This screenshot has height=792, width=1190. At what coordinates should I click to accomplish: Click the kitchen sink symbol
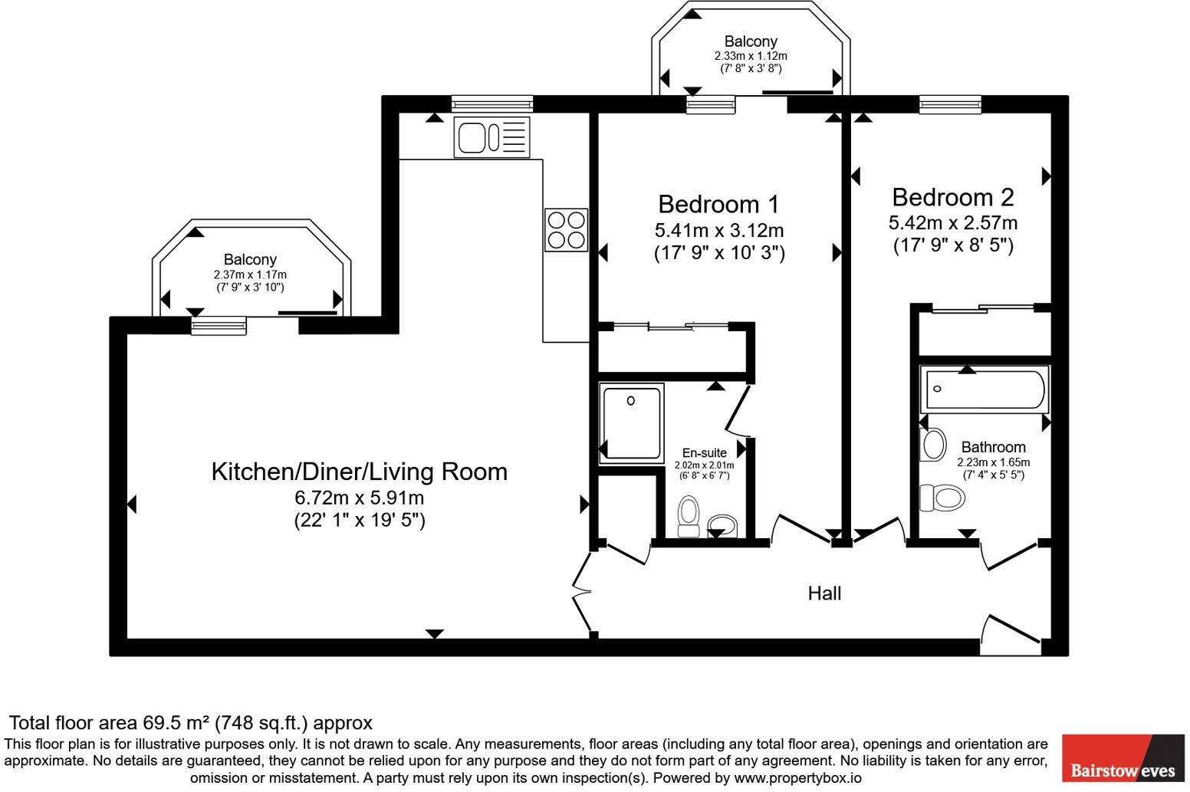coord(491,138)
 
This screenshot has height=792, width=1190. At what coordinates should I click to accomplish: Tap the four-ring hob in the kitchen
coord(566,230)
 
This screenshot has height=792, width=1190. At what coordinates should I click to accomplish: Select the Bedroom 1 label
coord(718,204)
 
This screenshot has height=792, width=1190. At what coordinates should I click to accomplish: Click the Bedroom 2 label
coord(952,197)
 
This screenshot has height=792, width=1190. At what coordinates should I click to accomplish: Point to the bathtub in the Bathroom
coord(985,389)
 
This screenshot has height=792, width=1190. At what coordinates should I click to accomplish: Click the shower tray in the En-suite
coord(631,423)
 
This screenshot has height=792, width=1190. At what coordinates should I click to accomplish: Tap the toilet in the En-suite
coord(689,516)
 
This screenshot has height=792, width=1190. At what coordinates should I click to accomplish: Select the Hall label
coord(824,593)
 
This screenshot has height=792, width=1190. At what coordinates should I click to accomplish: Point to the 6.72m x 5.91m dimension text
coord(359,498)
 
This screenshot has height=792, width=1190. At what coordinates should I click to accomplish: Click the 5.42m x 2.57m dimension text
coord(952,223)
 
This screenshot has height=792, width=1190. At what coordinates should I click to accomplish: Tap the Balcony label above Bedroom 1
coord(751,41)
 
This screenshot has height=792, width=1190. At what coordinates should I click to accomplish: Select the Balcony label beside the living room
coord(250,260)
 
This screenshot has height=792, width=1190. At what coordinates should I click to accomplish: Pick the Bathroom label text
coord(993,447)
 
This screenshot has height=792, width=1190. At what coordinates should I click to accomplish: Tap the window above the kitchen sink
coord(491,104)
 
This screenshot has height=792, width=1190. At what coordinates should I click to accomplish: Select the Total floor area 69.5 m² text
coord(190,722)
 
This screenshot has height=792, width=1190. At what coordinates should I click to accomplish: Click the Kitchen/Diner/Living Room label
coord(359,471)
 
